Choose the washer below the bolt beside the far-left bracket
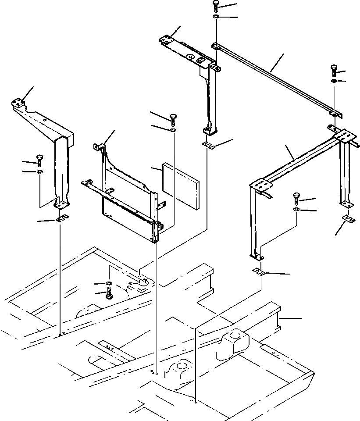click(x=40, y=171)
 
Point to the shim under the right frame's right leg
click(x=347, y=218)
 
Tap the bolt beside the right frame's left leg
click(x=296, y=200)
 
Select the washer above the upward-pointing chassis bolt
click(x=108, y=284)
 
